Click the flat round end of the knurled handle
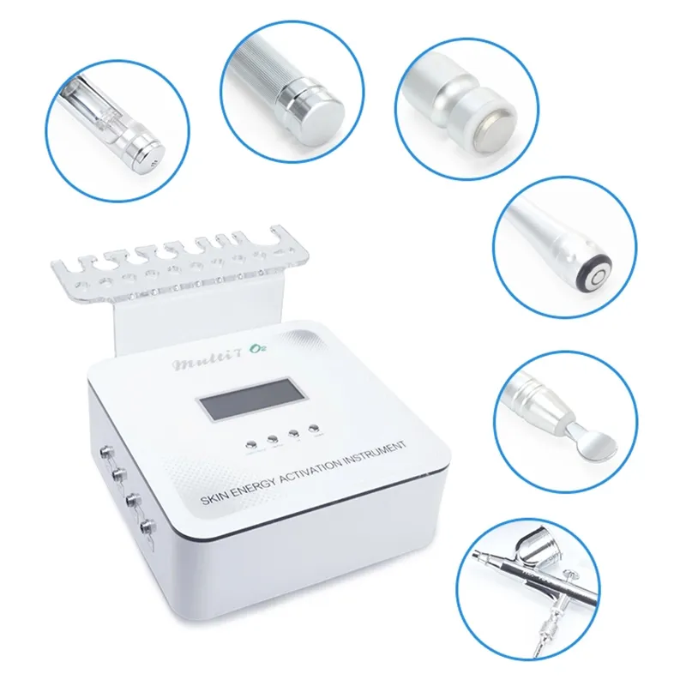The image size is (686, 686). pyautogui.click(x=322, y=108)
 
